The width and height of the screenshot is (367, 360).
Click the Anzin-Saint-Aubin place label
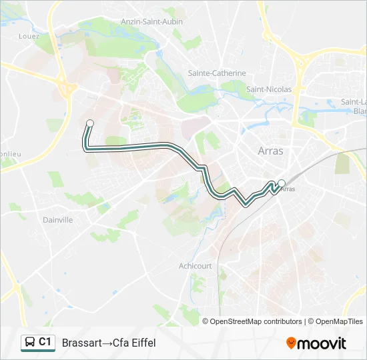click(x=151, y=21)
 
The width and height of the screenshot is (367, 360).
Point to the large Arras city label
click(x=270, y=151)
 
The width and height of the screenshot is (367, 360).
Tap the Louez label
click(x=29, y=37)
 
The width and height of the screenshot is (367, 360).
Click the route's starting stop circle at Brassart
click(x=89, y=123)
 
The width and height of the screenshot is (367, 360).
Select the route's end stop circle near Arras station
click(x=282, y=183)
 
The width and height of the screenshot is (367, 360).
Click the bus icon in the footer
click(x=30, y=343)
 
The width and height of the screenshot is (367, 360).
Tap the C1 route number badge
click(x=45, y=342)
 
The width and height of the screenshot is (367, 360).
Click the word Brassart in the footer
click(x=81, y=343)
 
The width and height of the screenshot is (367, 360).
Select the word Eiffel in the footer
click(x=143, y=343)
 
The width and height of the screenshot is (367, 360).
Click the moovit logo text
click(x=322, y=343)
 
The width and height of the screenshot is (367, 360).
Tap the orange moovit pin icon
click(x=291, y=343)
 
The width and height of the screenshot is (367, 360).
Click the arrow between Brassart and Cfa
click(x=107, y=343)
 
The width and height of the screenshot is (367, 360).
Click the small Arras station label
click(x=288, y=189)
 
